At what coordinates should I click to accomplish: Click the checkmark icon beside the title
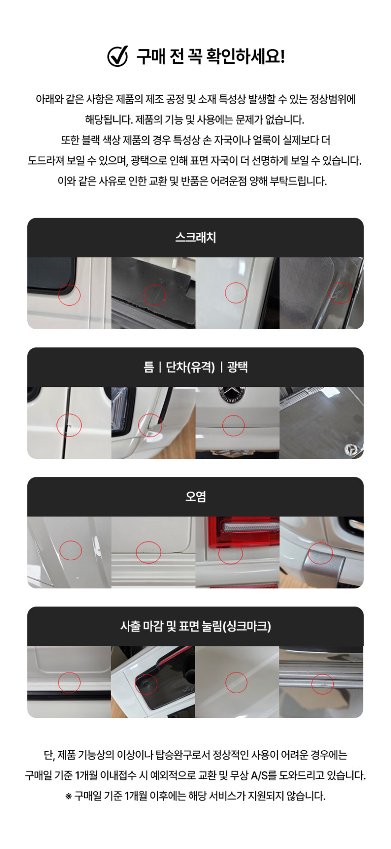pyautogui.click(x=118, y=56)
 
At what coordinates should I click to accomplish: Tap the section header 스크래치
pyautogui.click(x=195, y=237)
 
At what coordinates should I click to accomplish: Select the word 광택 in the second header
pyautogui.click(x=238, y=367)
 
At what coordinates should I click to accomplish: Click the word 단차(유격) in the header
pyautogui.click(x=190, y=367)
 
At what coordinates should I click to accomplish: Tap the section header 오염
pyautogui.click(x=195, y=497)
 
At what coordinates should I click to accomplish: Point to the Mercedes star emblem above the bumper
pyautogui.click(x=230, y=394)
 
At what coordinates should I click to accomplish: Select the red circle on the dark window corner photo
pyautogui.click(x=70, y=294)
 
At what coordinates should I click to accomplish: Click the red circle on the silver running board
pyautogui.click(x=323, y=684)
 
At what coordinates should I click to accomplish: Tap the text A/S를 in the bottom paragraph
pyautogui.click(x=264, y=775)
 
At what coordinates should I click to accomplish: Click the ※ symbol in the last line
pyautogui.click(x=69, y=796)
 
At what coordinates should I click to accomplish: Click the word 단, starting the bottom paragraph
pyautogui.click(x=49, y=755)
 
